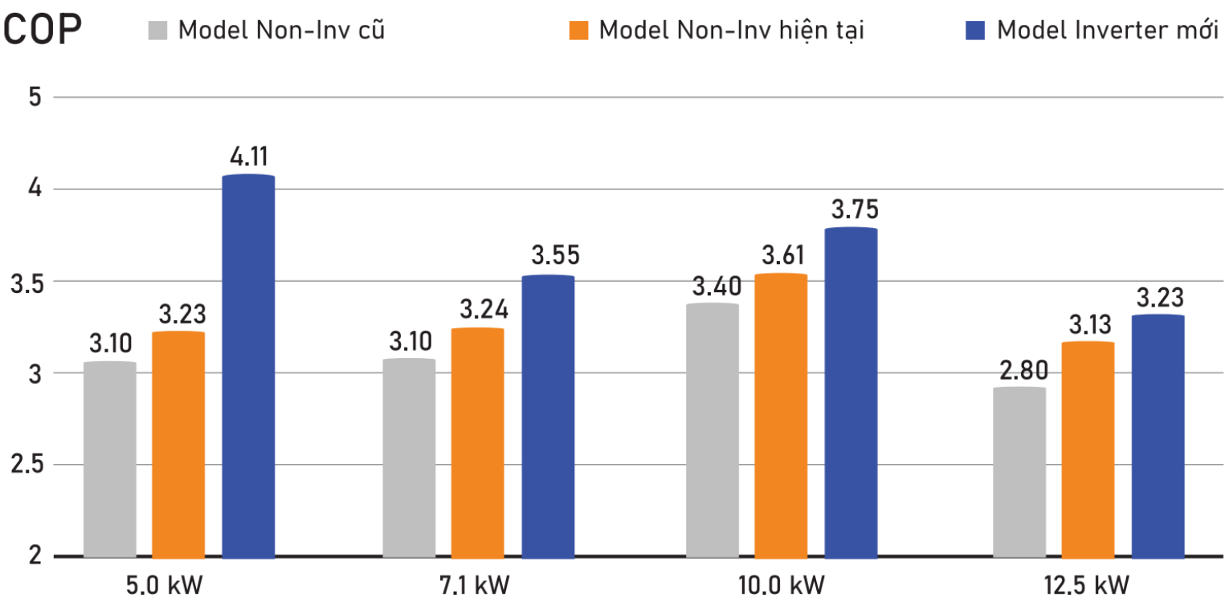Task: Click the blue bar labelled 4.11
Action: [248, 366]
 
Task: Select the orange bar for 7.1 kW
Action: [478, 442]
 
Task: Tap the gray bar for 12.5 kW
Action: [1019, 472]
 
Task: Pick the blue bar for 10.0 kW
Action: [851, 393]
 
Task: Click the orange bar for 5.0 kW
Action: [178, 444]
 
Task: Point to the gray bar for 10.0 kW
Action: [712, 429]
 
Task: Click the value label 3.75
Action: [855, 210]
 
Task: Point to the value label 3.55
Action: [555, 257]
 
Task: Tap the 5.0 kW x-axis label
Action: [163, 584]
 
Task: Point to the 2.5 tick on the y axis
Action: [26, 466]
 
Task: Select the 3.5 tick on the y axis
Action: [26, 282]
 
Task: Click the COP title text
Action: [43, 30]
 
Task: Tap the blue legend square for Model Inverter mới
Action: [974, 31]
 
